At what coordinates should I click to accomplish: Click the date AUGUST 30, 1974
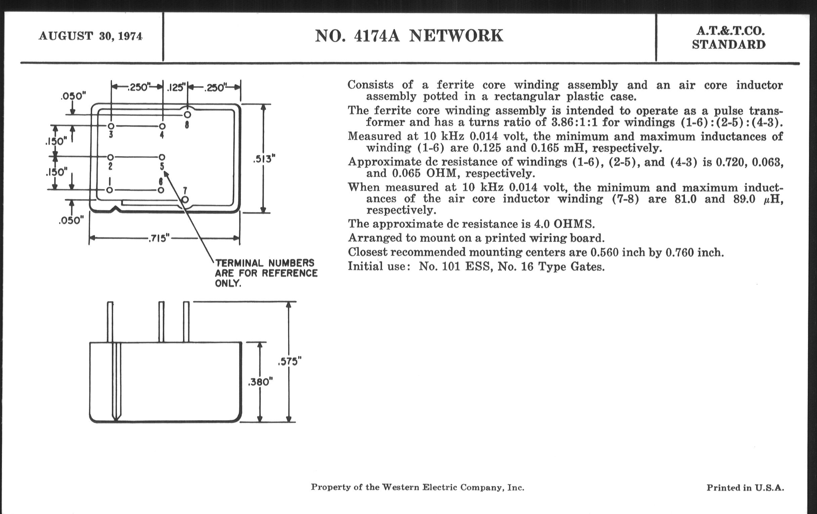91,36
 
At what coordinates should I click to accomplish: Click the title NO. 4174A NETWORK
409,36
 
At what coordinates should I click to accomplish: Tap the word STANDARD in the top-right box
729,45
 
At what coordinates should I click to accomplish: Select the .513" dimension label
264,159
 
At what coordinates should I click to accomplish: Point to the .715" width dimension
159,238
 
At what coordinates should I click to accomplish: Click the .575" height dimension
290,362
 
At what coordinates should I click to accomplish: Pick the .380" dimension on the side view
260,382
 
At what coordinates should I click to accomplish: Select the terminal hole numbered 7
185,200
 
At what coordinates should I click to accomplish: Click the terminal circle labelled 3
111,126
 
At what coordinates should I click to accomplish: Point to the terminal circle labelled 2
110,157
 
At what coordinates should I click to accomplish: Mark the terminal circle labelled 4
162,126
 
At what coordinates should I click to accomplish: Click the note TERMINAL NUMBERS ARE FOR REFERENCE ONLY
266,273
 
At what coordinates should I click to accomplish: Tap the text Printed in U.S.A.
745,488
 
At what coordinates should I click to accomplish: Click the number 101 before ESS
450,267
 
